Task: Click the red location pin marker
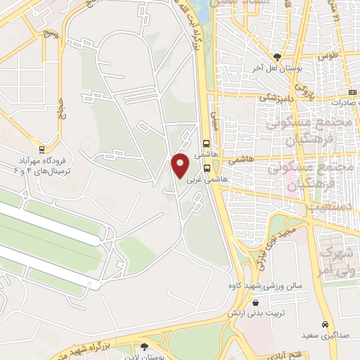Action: pyautogui.click(x=181, y=166)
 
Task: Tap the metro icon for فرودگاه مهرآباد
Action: pyautogui.click(x=41, y=149)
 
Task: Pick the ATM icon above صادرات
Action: pyautogui.click(x=352, y=93)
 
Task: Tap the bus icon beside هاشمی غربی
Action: pyautogui.click(x=207, y=169)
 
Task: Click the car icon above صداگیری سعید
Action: pyautogui.click(x=324, y=325)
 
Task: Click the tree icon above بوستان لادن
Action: pyautogui.click(x=145, y=346)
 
